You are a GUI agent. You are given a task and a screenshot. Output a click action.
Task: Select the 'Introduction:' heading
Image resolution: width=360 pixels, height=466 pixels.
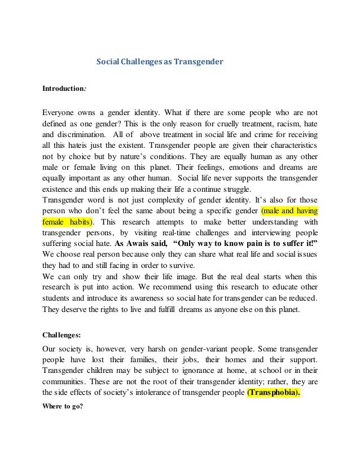click(x=65, y=89)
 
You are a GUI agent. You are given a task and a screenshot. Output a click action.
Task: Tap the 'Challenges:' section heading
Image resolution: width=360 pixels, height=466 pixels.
click(x=62, y=334)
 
